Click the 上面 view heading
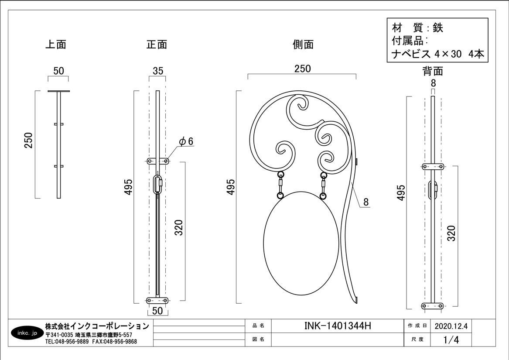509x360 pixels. pyautogui.click(x=55, y=44)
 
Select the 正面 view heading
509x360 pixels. pyautogui.click(x=157, y=44)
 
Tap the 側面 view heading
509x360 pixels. pyautogui.click(x=303, y=44)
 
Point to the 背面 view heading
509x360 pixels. pyautogui.click(x=433, y=71)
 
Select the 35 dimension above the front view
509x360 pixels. pyautogui.click(x=158, y=71)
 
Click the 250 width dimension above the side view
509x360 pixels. pyautogui.click(x=303, y=69)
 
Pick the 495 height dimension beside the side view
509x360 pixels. pyautogui.click(x=231, y=187)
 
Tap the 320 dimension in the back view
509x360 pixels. pyautogui.click(x=451, y=233)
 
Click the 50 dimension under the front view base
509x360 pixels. pyautogui.click(x=157, y=311)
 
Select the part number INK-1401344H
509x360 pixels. pyautogui.click(x=337, y=326)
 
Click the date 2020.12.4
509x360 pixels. pyautogui.click(x=451, y=326)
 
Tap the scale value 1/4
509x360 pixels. pyautogui.click(x=451, y=340)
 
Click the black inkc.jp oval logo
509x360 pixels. pyautogui.click(x=27, y=333)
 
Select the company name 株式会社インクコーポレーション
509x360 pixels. pyautogui.click(x=97, y=326)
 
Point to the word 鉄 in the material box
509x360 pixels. pyautogui.click(x=438, y=28)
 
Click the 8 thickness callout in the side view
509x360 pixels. pyautogui.click(x=366, y=202)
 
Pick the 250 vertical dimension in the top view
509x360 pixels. pyautogui.click(x=28, y=141)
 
